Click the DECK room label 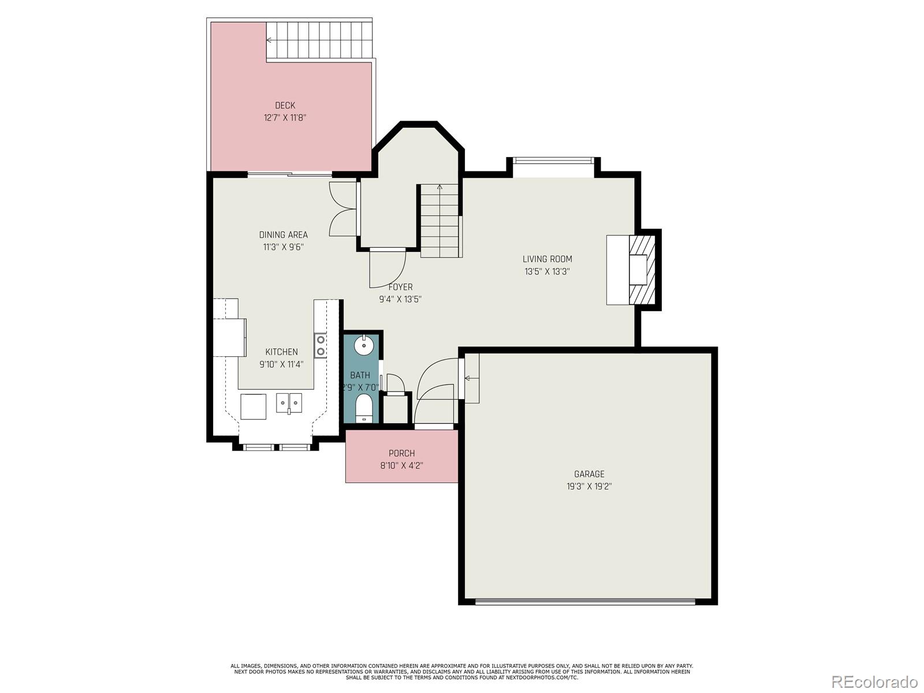[285, 105]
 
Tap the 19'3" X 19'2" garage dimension [588, 486]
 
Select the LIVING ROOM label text [547, 259]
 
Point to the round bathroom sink [363, 346]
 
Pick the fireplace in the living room [633, 270]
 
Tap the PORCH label [401, 453]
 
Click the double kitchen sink [289, 404]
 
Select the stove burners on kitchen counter [321, 345]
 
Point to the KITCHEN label [282, 352]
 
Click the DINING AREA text [284, 235]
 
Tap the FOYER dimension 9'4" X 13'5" [400, 299]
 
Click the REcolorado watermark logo [875, 681]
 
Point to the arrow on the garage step [471, 379]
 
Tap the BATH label [360, 375]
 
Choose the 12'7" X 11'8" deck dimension [285, 117]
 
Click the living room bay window [553, 161]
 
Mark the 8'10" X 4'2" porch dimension [401, 465]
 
